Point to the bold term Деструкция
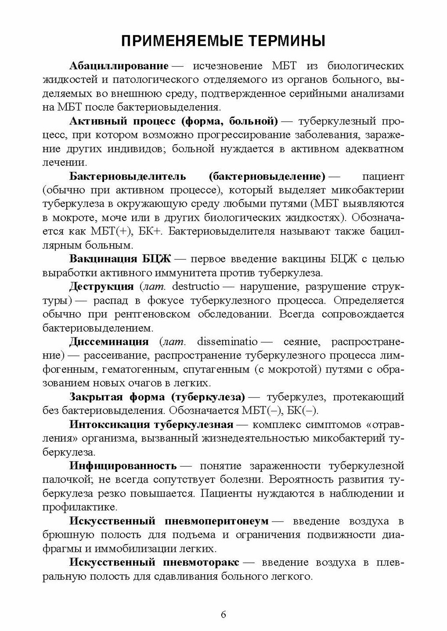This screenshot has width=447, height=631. point(101,286)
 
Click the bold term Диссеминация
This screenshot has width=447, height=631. point(109,342)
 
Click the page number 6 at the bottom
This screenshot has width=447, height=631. point(223,615)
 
